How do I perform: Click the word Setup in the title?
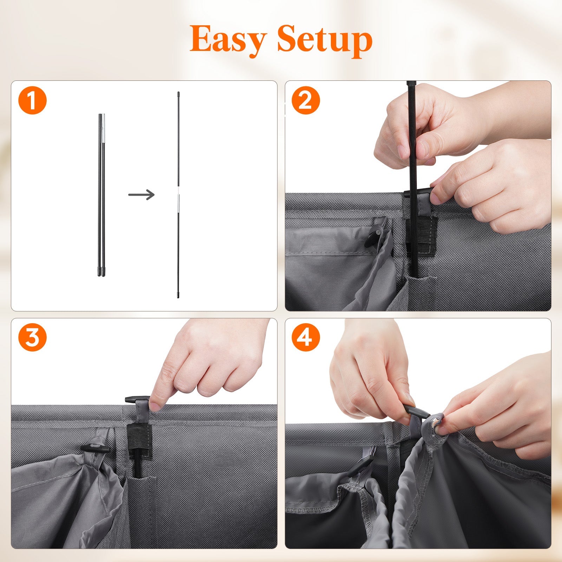(325, 39)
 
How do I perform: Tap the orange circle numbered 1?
(32, 100)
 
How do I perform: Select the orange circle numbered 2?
(305, 100)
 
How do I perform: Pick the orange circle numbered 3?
(32, 337)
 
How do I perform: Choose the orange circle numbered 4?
(305, 337)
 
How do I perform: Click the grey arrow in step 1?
(141, 194)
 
